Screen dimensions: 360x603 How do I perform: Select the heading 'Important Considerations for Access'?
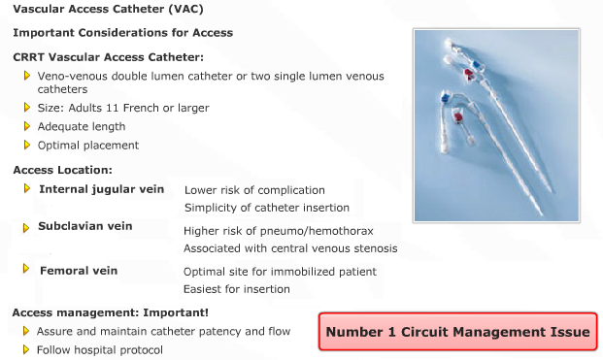click(122, 32)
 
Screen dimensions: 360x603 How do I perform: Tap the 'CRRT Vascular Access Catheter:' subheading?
click(108, 57)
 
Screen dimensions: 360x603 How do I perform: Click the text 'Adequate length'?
click(81, 126)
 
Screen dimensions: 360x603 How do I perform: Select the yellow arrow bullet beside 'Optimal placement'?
click(26, 145)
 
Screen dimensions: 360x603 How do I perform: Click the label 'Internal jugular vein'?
click(102, 189)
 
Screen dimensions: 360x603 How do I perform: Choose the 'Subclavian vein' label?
click(85, 226)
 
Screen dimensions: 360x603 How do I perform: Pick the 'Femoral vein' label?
click(79, 271)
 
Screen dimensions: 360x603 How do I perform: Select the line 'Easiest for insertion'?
click(237, 289)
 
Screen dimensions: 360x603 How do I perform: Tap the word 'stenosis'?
click(375, 248)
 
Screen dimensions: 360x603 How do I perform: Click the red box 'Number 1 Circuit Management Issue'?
click(457, 332)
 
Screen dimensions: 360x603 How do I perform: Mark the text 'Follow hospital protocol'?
click(100, 349)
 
